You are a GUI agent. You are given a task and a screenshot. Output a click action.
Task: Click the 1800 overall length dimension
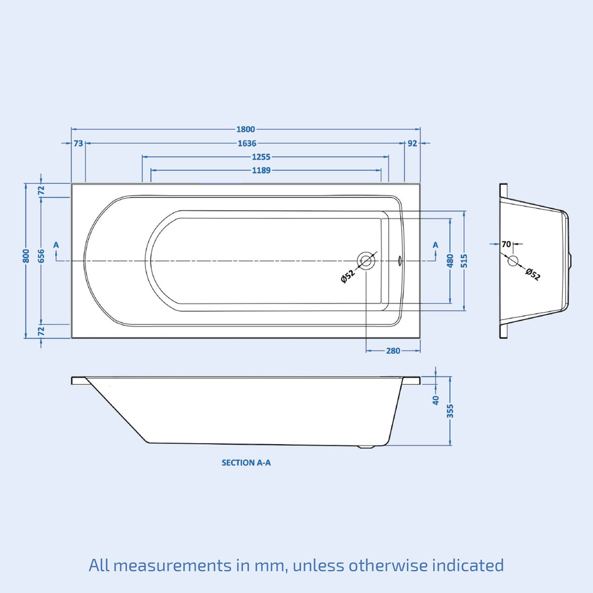tap(246, 129)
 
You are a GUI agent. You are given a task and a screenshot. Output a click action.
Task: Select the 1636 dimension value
tap(247, 144)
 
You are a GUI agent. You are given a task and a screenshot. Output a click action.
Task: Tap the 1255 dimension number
tap(261, 157)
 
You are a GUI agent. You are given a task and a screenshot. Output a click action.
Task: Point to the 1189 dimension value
tap(261, 171)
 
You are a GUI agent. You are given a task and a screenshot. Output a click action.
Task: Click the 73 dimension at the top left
tap(78, 144)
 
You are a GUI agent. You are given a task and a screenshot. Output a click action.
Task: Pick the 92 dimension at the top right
tap(412, 144)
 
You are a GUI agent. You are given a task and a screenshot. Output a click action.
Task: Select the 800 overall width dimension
tap(26, 256)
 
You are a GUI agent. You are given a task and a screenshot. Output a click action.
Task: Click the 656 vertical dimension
tap(41, 256)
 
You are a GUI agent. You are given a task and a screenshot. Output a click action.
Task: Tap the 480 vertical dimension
tap(450, 261)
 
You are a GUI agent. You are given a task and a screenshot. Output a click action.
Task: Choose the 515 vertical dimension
tap(464, 261)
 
